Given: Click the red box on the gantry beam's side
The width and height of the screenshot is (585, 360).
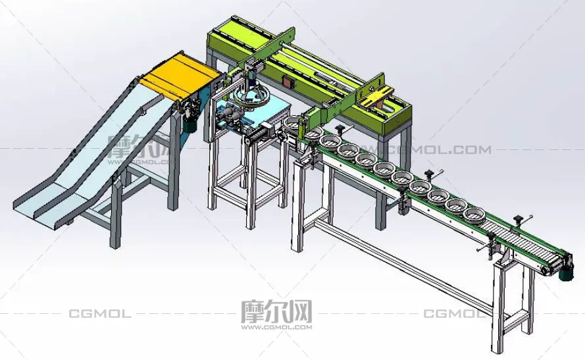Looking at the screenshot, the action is (288, 82).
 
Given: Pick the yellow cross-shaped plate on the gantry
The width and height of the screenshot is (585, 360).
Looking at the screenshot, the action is (376, 97).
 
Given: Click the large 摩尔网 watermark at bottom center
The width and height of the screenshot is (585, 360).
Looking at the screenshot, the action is (276, 311).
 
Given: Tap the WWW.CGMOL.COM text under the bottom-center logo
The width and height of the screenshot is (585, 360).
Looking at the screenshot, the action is (276, 327).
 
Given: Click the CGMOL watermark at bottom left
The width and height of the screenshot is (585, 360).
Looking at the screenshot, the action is (100, 313).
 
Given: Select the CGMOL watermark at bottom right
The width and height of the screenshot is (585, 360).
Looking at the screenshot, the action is (454, 313).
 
